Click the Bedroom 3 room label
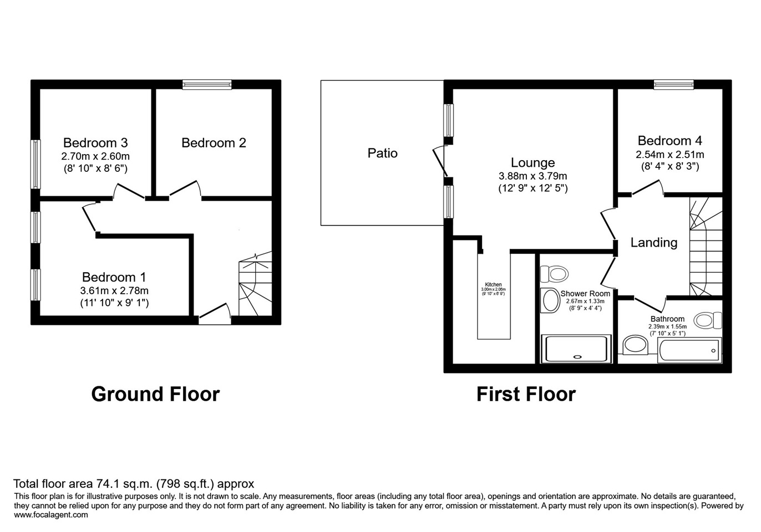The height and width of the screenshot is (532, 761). [x=95, y=143]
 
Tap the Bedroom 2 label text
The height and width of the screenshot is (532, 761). [x=214, y=143]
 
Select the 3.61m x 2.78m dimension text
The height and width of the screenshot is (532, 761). [x=114, y=290]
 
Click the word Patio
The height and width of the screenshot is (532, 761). [x=382, y=153]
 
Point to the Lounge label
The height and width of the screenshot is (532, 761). [x=532, y=163]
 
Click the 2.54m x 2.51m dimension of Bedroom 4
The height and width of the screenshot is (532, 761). [x=669, y=155]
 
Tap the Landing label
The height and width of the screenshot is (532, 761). [x=653, y=243]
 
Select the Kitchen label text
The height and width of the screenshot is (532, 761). [x=493, y=285]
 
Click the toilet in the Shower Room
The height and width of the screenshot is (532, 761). [x=555, y=273]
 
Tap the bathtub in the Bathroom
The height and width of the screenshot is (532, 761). [x=689, y=350]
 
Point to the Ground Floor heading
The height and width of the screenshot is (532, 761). [x=155, y=394]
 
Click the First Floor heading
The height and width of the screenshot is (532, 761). [x=526, y=394]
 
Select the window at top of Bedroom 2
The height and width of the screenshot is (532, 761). [x=207, y=84]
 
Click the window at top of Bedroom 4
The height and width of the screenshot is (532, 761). [x=673, y=84]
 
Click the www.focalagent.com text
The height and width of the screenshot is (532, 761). [x=50, y=515]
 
